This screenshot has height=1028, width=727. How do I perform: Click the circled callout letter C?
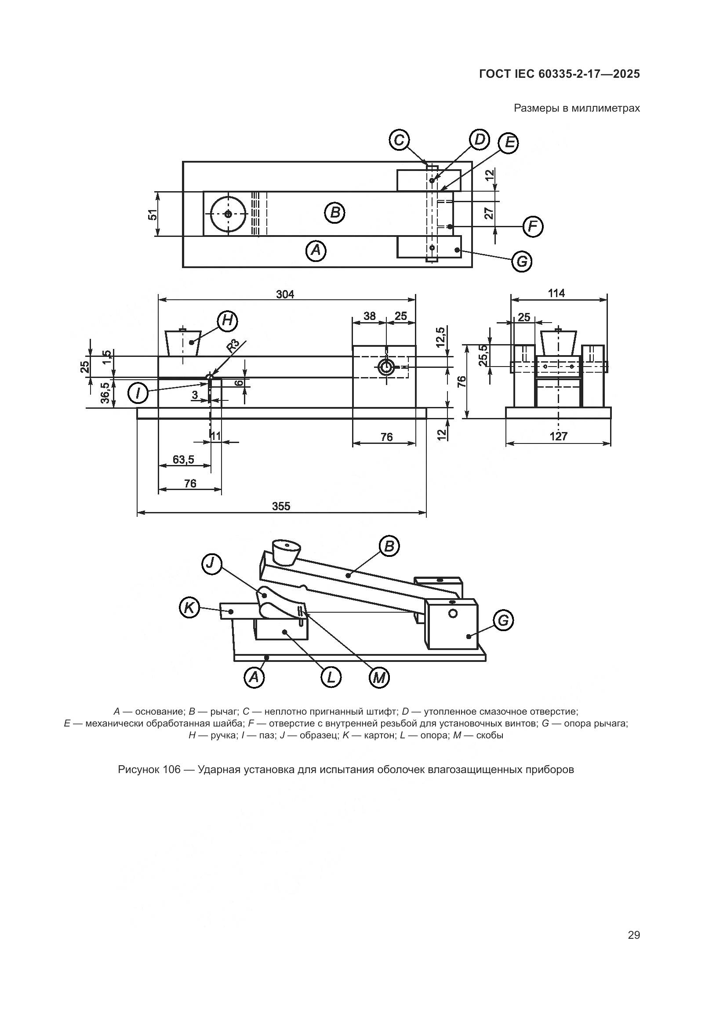[x=398, y=141]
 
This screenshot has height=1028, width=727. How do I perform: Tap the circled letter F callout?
[x=533, y=226]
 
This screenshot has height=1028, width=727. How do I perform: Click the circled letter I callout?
[x=138, y=393]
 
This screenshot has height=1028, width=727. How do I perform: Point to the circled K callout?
[x=189, y=608]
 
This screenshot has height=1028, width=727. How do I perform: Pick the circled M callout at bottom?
[x=379, y=678]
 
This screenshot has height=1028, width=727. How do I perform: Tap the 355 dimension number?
[x=281, y=506]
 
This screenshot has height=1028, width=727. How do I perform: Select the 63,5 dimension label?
[x=184, y=459]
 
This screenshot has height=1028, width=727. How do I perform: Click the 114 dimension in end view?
[x=556, y=293]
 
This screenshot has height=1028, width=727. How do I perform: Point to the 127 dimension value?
[x=558, y=436]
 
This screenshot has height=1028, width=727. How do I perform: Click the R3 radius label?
[x=234, y=346]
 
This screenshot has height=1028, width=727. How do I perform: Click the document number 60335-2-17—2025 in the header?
[x=588, y=74]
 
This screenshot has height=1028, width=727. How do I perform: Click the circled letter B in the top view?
[x=334, y=213]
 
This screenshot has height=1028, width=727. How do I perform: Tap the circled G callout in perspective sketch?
[x=503, y=621]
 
